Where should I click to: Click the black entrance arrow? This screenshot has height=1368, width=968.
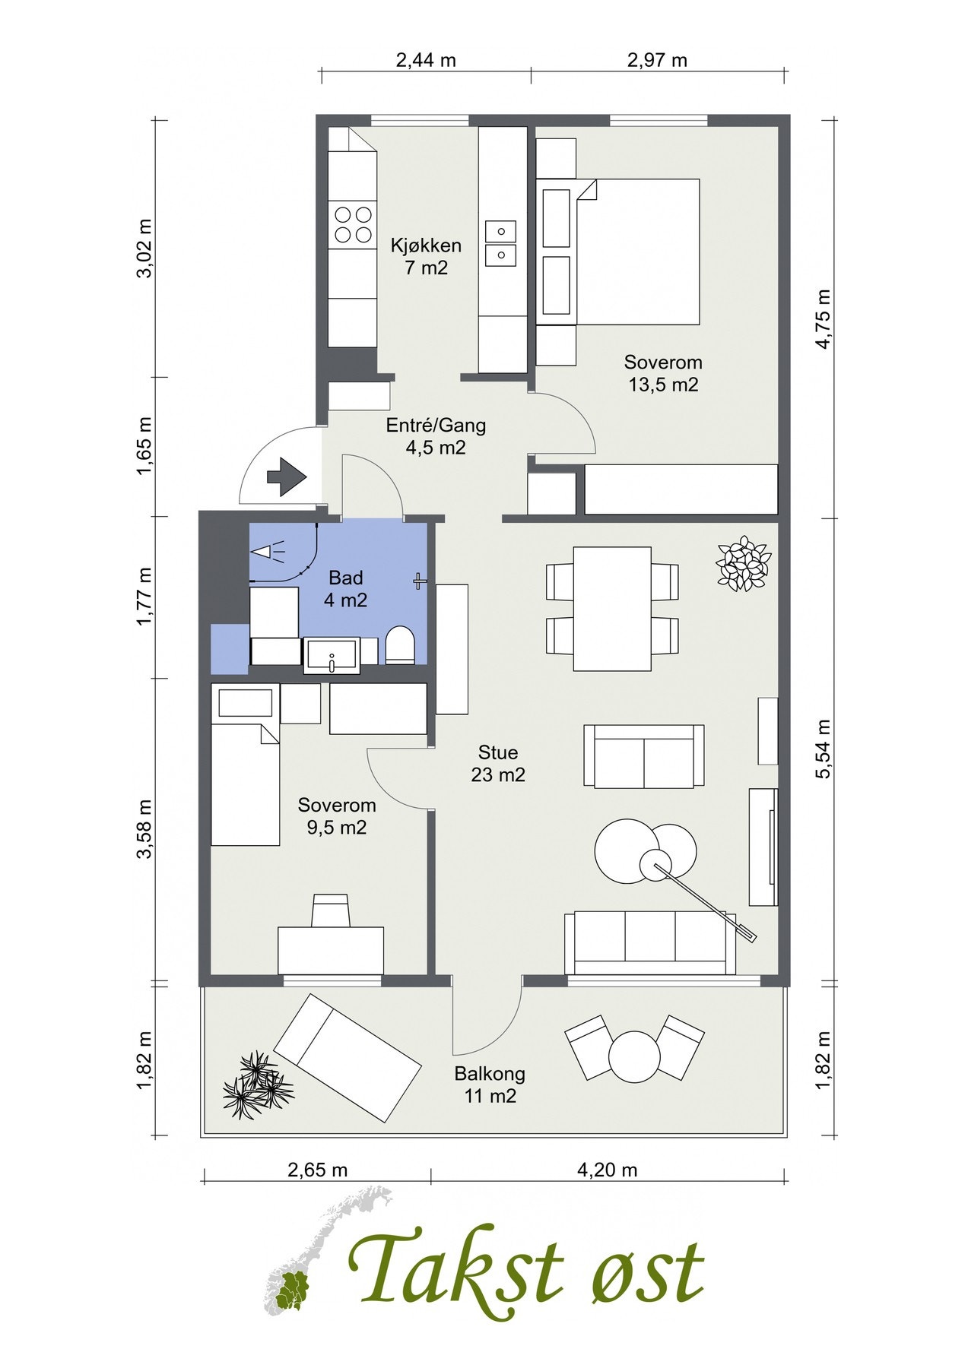(x=287, y=477)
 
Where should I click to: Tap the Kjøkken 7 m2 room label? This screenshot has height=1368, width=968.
(x=426, y=256)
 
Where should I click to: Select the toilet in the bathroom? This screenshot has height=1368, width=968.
(x=400, y=645)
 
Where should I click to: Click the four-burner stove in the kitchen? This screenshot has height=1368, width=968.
(x=353, y=224)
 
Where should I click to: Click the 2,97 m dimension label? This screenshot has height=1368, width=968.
(x=657, y=60)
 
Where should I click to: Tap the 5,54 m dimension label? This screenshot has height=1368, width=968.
(x=823, y=749)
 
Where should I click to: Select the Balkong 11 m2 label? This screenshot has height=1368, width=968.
(x=490, y=1085)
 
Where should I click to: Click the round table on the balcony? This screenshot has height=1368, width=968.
(x=634, y=1056)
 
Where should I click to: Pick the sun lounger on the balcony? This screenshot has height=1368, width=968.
(x=348, y=1057)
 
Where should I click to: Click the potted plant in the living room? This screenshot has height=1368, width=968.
(x=743, y=563)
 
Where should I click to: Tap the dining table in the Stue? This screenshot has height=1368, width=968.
(x=612, y=609)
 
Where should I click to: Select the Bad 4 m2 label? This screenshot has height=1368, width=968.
(x=346, y=589)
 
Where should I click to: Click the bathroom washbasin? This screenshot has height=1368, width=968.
(x=332, y=655)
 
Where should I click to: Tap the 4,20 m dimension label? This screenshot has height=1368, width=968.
(x=607, y=1170)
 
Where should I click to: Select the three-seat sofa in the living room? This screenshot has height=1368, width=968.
(x=650, y=942)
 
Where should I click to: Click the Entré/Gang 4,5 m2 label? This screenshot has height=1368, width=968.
(x=436, y=436)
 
